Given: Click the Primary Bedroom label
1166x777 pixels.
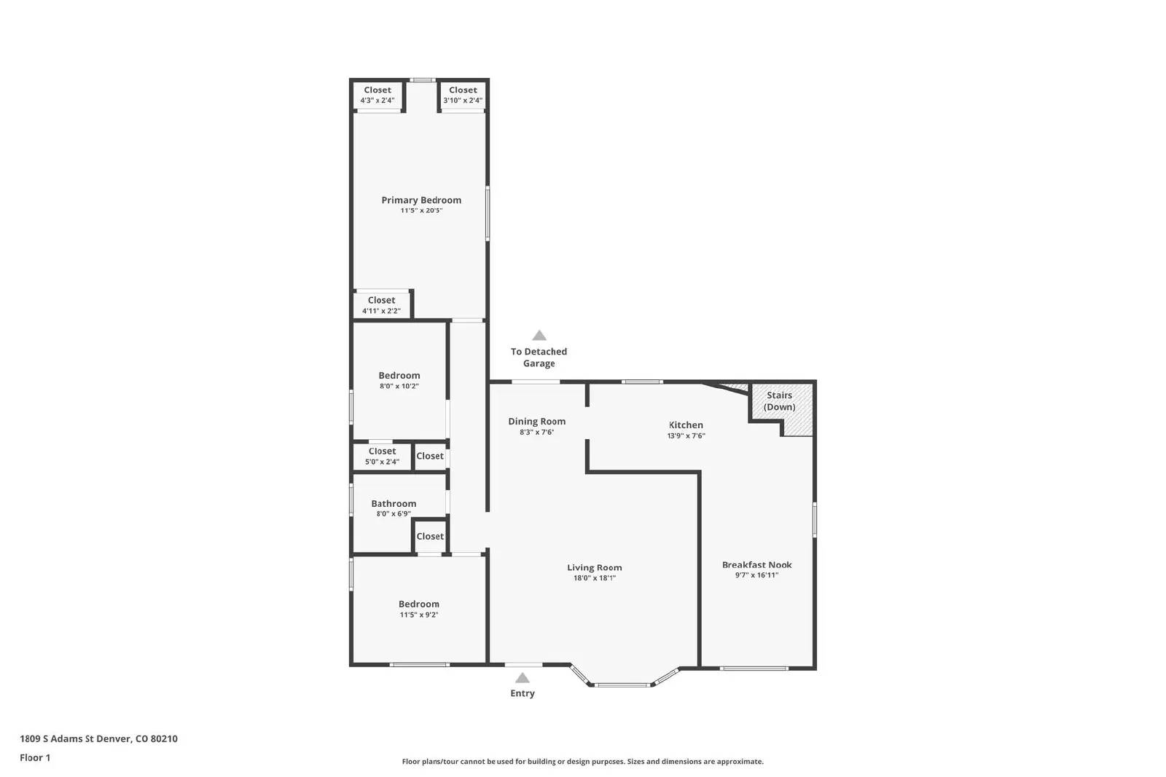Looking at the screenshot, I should click(x=421, y=200).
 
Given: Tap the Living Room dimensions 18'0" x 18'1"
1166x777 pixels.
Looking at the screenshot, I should click(x=594, y=578).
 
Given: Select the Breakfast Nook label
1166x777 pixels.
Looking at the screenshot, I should click(x=756, y=564).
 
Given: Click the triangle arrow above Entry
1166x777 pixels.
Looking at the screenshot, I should click(x=523, y=678).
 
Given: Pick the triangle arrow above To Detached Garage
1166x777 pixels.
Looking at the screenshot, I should click(x=539, y=336).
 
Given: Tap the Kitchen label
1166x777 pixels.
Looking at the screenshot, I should click(x=686, y=425).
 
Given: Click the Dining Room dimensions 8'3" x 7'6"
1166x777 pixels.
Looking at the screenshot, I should click(x=536, y=432).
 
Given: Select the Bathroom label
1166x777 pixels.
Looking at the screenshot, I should click(x=394, y=503).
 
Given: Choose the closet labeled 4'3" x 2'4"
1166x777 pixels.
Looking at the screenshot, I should click(x=377, y=95).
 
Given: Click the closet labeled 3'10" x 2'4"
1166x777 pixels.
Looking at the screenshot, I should click(x=463, y=95).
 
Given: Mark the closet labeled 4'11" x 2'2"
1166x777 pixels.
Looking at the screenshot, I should click(x=381, y=305).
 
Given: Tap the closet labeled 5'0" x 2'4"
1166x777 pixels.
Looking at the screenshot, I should click(x=382, y=456).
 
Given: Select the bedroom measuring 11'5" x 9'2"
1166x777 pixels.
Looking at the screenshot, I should click(x=419, y=609).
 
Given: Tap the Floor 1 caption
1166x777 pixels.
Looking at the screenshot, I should click(x=35, y=757).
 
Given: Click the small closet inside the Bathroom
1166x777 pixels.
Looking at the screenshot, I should click(x=430, y=537).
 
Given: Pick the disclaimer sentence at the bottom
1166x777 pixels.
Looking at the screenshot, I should click(x=582, y=762).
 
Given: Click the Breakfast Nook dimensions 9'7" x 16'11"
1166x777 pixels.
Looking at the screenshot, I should click(x=756, y=575).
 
